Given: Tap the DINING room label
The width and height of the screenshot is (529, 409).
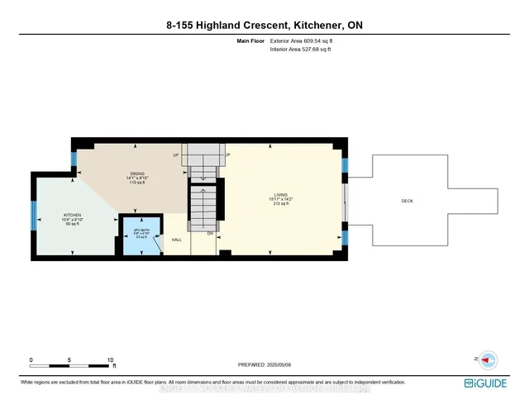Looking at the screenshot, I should tap(126, 172).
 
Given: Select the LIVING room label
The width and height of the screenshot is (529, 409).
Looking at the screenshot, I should tap(281, 193).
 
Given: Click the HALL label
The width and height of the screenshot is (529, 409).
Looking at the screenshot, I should tap(177, 240).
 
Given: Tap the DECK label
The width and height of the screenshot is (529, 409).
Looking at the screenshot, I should tap(407, 201).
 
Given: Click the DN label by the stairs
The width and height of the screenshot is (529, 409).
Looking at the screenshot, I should tap(210, 234).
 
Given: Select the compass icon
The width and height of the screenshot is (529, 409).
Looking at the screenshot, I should tap(487, 360).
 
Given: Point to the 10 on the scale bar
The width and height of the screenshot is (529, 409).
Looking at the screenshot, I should tap(111, 360).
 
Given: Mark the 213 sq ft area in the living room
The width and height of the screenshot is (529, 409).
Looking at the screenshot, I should tap(281, 202).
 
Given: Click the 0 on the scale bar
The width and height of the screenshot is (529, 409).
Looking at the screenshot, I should tap(31, 360).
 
